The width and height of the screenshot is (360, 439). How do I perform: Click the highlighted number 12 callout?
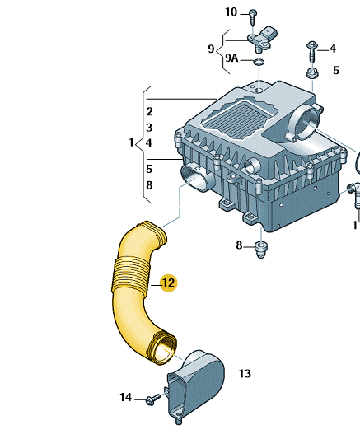[x=168, y=283]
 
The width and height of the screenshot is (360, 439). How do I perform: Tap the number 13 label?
[x=245, y=374]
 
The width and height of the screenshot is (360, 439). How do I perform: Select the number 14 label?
[x=126, y=397]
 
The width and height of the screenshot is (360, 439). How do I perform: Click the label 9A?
[x=231, y=58]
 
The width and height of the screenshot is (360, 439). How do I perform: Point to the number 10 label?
[x=231, y=12]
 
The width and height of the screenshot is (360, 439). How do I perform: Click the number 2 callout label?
[x=149, y=112]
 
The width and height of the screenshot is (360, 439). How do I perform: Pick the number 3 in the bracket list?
[x=149, y=128]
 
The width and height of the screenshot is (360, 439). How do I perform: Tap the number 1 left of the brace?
[x=131, y=142]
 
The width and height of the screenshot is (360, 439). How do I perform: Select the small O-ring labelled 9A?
[x=259, y=62]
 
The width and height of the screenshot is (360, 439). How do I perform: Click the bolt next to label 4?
[x=312, y=53]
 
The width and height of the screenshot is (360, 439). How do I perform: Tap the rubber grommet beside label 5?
[x=312, y=73]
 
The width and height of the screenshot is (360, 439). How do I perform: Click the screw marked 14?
[x=153, y=399]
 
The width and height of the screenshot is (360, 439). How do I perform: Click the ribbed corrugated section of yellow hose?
[x=131, y=275]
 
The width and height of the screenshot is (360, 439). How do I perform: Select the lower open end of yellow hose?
[x=163, y=348]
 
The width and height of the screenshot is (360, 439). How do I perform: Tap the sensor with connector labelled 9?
[x=262, y=40]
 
